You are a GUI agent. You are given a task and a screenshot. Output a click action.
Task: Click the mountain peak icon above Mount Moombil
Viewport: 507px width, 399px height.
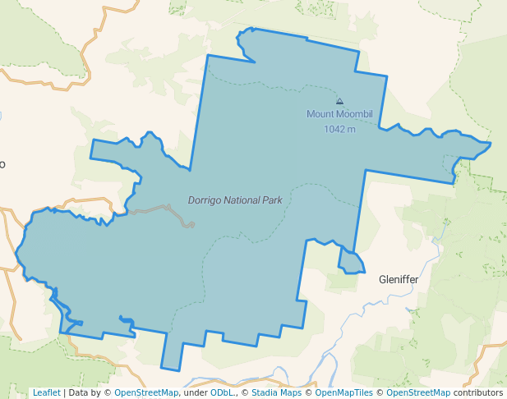point(340,101)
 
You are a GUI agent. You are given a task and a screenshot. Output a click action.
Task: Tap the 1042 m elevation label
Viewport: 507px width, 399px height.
point(339,129)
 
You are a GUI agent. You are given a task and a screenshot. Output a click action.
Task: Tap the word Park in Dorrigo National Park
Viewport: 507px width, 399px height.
point(273,200)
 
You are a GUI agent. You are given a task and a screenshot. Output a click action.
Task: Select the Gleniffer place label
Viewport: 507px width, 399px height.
point(399,280)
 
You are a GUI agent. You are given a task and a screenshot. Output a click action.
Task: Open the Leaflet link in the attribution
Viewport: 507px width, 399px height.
point(47,392)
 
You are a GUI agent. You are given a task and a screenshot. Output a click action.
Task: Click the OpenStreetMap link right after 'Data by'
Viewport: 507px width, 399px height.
point(146,392)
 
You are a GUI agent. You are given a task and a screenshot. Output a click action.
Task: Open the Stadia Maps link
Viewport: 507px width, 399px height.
point(276,392)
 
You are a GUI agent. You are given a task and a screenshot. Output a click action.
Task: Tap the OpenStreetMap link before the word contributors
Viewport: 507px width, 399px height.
point(418,392)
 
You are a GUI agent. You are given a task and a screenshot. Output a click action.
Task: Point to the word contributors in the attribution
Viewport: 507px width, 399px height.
point(478,392)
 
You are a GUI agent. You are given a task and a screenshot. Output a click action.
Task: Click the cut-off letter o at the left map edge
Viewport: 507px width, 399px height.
point(2,164)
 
